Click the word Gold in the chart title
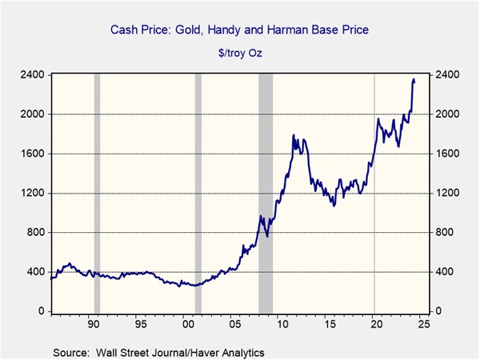pyautogui.click(x=188, y=30)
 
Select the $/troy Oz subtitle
pyautogui.click(x=240, y=53)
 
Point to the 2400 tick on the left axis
pyautogui.click(x=32, y=74)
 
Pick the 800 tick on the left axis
pyautogui.click(x=35, y=232)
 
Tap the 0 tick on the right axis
pyautogui.click(x=438, y=311)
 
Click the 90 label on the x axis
pyautogui.click(x=94, y=324)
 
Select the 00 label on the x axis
pyautogui.click(x=188, y=324)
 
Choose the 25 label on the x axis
pyautogui.click(x=424, y=324)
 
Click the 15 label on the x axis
pyautogui.click(x=330, y=324)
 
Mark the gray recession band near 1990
pyautogui.click(x=97, y=194)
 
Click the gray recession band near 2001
pyautogui.click(x=198, y=194)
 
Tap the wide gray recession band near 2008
pyautogui.click(x=266, y=194)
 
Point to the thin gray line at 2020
pyautogui.click(x=374, y=194)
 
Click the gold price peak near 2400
pyautogui.click(x=414, y=79)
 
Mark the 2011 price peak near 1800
pyautogui.click(x=294, y=134)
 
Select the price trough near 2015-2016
pyautogui.click(x=334, y=206)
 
